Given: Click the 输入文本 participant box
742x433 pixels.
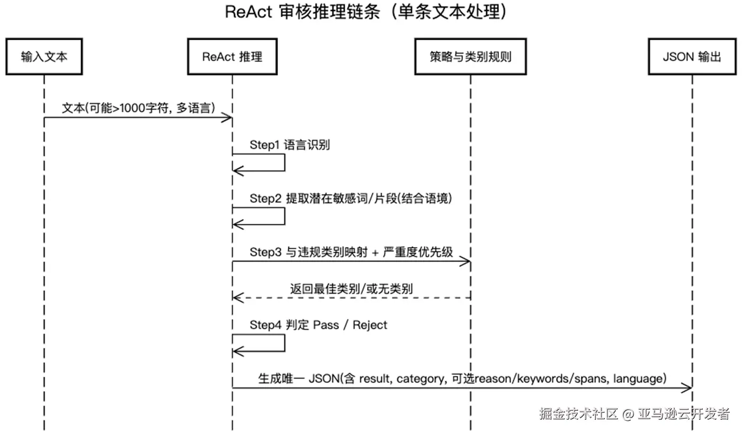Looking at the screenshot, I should pos(44,56).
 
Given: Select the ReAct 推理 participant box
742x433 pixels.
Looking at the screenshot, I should pos(232,56).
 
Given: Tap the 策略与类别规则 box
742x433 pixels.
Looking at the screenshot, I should pos(470,56).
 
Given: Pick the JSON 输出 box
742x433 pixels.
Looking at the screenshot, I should pos(692,56).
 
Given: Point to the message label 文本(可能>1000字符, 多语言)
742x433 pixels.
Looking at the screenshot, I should pos(138,107).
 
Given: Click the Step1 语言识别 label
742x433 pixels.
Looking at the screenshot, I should pos(290,145).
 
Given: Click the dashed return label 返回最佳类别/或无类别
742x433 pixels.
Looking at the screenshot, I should pos(351,288).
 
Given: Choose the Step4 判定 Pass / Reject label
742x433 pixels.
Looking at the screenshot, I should pos(318,324).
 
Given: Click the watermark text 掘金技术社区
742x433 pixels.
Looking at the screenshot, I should pos(578,413).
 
